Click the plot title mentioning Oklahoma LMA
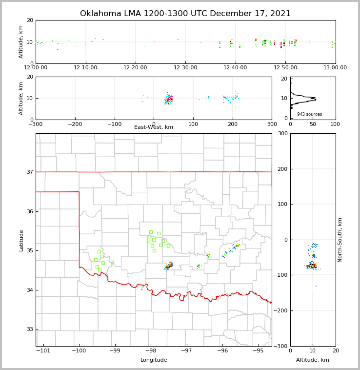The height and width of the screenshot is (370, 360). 185,14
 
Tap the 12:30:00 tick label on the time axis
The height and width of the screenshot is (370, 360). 185,67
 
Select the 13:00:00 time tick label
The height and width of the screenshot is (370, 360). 335,67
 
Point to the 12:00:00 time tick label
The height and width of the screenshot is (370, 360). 36,67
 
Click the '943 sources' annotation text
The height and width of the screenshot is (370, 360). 309,114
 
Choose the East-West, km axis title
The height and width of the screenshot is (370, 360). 154,127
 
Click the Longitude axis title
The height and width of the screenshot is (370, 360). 154,360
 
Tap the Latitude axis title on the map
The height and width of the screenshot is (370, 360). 21,240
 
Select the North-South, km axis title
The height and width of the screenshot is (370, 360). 340,240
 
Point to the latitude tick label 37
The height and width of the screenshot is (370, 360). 29,172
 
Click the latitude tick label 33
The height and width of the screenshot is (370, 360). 29,329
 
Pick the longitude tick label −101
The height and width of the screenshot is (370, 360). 43,350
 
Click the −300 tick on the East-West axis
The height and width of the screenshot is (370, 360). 36,124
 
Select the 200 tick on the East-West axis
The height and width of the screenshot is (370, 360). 233,124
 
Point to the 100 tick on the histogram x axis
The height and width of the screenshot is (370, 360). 335,124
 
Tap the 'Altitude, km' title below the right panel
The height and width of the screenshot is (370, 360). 313,360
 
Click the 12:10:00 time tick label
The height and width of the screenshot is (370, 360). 86,67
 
